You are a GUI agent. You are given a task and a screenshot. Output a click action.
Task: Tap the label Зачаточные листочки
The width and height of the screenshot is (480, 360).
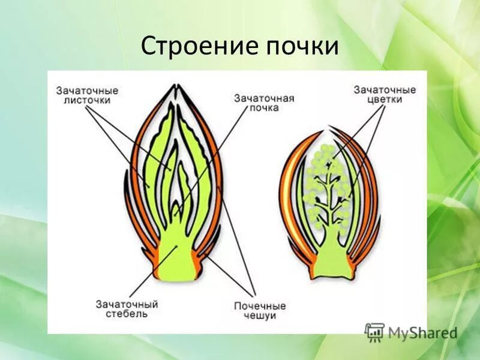tap(88, 95)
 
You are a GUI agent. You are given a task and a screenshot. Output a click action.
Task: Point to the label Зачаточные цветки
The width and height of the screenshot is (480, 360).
tap(385, 95)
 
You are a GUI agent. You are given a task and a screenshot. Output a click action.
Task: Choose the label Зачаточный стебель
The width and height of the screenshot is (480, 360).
tap(126, 309)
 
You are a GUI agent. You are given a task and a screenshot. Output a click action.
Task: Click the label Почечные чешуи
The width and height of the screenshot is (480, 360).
tap(260, 311)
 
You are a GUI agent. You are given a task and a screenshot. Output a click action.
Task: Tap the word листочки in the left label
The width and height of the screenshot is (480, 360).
tap(88, 101)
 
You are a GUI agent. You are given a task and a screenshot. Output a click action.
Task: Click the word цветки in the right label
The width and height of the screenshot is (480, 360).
tap(385, 100)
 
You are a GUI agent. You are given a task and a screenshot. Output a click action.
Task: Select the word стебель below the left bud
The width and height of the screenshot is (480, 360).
tap(126, 314)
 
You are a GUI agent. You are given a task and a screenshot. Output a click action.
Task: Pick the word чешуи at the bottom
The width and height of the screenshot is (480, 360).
tap(260, 316)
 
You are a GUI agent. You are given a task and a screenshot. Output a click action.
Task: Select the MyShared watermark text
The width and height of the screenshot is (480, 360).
tap(422, 332)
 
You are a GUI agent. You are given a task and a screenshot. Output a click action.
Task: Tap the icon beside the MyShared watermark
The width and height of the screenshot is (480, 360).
tap(375, 332)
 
